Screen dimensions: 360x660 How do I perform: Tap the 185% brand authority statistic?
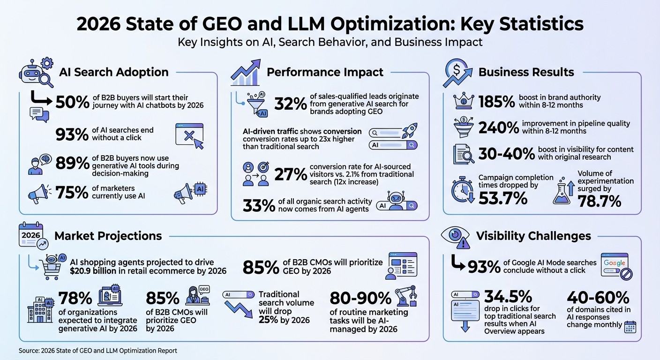click(496, 101)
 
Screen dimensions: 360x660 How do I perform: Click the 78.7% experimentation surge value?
click(600, 202)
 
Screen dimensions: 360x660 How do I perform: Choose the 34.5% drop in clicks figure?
click(508, 296)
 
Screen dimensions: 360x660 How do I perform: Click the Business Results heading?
click(526, 72)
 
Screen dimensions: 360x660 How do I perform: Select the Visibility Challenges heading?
click(533, 236)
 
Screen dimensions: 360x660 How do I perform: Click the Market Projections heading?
click(108, 236)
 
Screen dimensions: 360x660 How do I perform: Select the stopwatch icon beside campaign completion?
click(462, 191)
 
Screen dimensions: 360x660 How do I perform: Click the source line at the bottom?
click(98, 350)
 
